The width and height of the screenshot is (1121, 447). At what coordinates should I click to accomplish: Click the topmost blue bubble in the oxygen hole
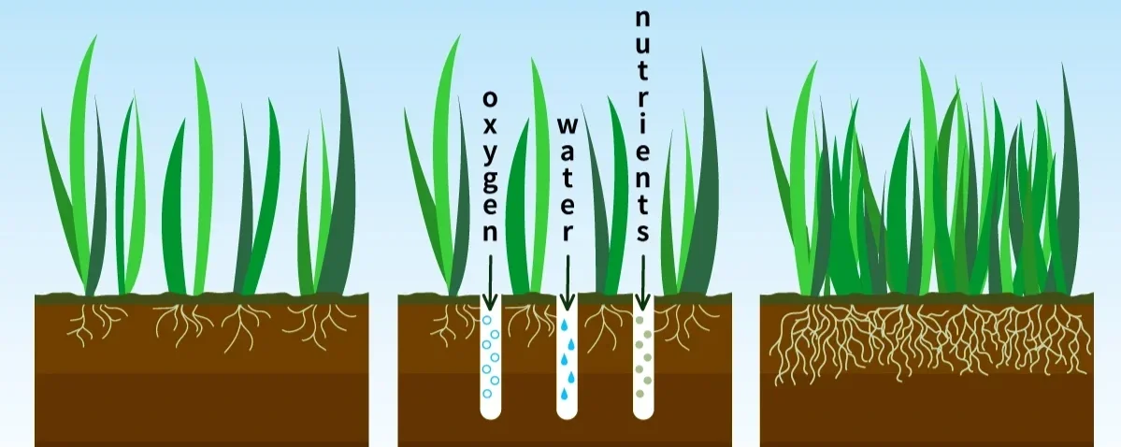486,321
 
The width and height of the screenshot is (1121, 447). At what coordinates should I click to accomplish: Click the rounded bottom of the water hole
567,412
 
